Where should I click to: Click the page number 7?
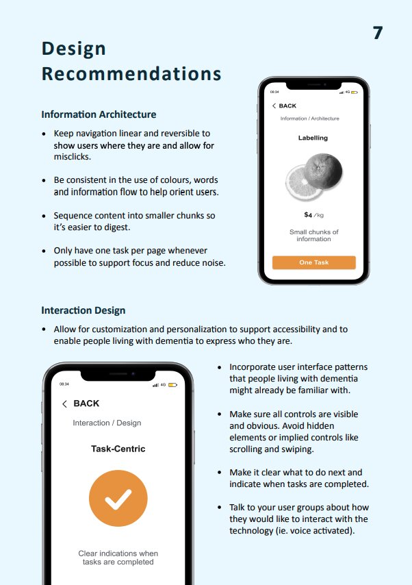pos(378,33)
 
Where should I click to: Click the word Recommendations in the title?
pos(131,73)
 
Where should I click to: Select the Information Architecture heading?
pos(99,114)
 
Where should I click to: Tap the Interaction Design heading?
pos(83,310)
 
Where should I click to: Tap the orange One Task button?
pos(313,262)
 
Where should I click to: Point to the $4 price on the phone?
pos(309,215)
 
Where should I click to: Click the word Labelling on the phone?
pos(313,138)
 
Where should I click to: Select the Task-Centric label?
pos(118,449)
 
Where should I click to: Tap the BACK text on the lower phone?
pos(86,403)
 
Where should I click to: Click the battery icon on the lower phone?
pos(172,384)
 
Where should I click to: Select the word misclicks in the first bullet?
pos(71,157)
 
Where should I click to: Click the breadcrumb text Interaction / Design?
pos(107,423)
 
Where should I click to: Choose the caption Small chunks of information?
pos(313,236)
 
